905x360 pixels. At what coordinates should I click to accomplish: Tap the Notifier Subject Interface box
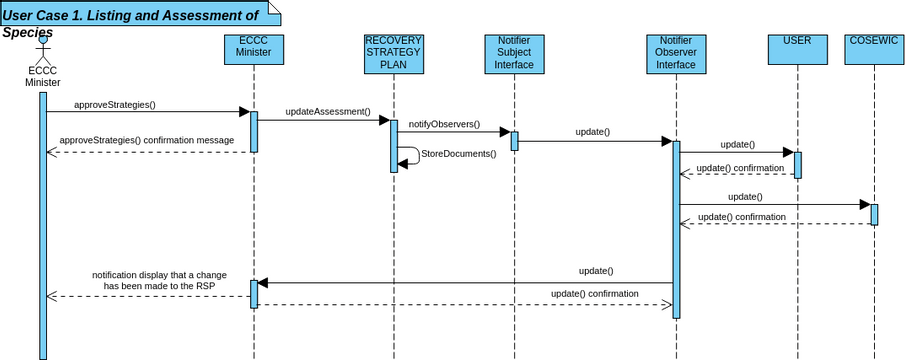[514, 53]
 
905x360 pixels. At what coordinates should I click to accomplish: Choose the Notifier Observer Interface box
[675, 53]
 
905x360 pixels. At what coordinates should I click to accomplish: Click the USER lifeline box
[798, 49]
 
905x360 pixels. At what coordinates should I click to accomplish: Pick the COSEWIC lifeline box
[874, 49]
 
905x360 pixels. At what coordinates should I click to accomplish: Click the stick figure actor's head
[43, 39]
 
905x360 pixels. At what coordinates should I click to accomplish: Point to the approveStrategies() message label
[115, 104]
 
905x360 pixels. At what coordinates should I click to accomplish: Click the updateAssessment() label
[327, 112]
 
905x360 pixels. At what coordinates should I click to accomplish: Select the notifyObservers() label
[444, 125]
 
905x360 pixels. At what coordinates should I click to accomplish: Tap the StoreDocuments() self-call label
[458, 154]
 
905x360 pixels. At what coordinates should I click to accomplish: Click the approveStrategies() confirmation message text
[147, 141]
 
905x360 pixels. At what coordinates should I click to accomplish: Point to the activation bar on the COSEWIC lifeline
[874, 214]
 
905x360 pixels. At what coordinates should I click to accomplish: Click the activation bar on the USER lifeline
[798, 164]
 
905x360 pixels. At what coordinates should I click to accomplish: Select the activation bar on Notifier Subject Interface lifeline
[514, 140]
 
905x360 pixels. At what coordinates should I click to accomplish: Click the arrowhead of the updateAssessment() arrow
[384, 120]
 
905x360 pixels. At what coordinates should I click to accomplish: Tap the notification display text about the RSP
[153, 280]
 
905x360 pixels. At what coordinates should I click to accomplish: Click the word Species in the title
[27, 32]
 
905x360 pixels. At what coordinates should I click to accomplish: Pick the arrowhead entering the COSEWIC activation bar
[865, 205]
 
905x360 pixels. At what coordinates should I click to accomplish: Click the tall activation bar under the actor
[43, 225]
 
